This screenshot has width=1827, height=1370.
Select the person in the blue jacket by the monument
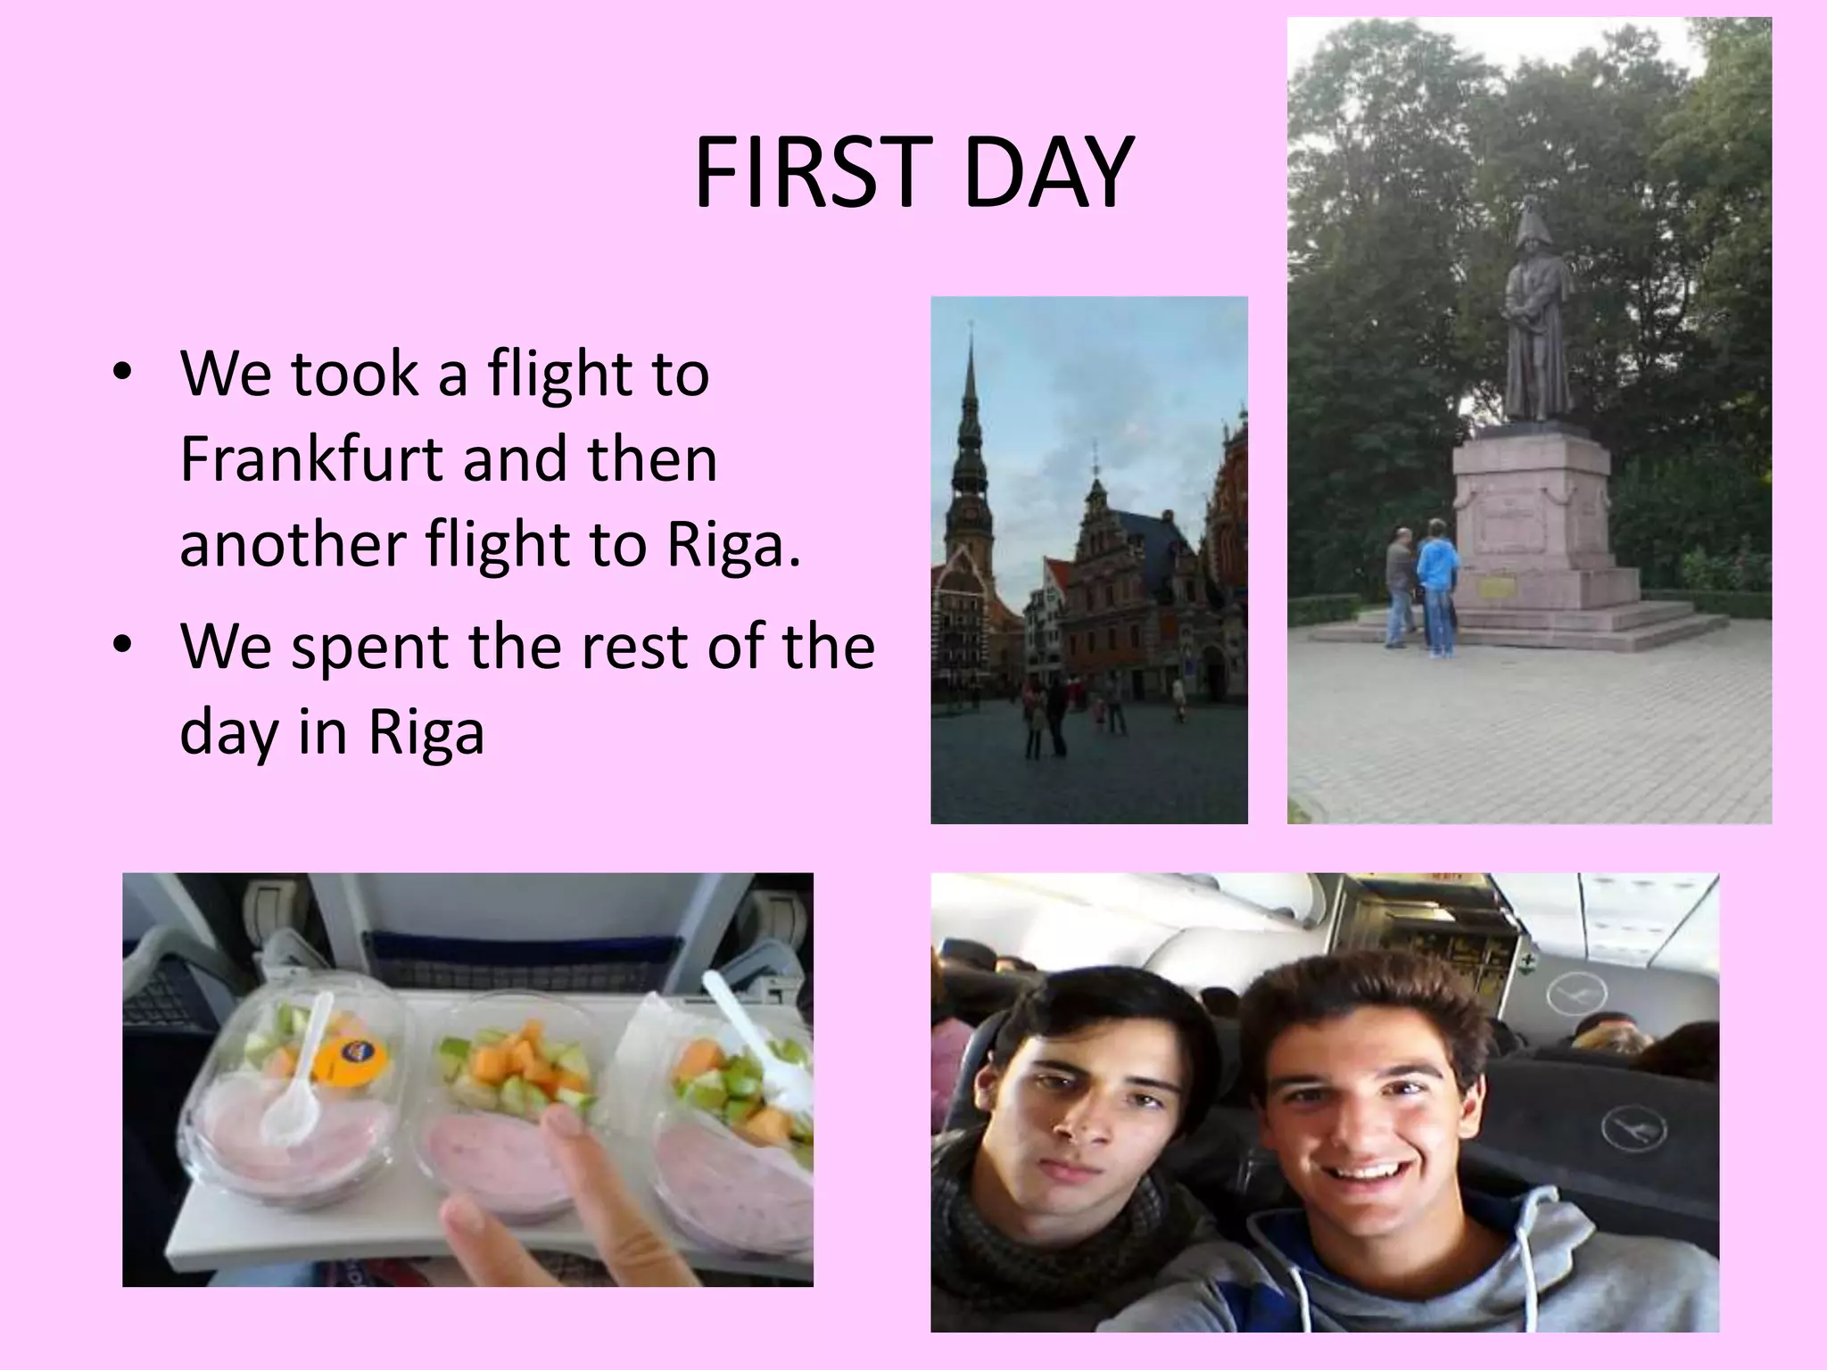1436,585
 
